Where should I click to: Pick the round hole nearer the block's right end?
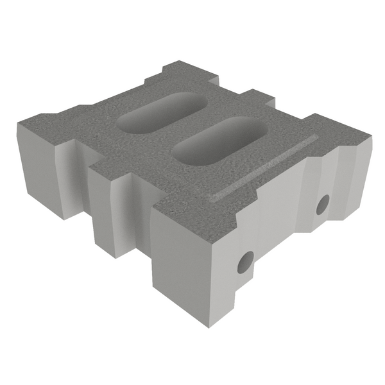click(x=323, y=205)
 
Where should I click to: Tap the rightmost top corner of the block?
click(x=372, y=135)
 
